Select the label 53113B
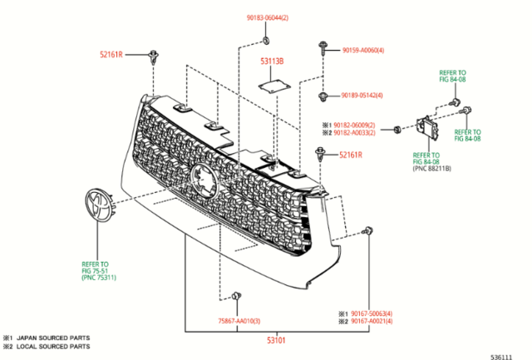pos(271,61)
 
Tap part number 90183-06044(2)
pos(267,17)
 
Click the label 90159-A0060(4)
pos(363,50)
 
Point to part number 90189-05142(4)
pos(363,96)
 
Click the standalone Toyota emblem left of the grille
pos(99,205)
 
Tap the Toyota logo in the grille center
pos(202,178)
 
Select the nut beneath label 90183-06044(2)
pos(265,39)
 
